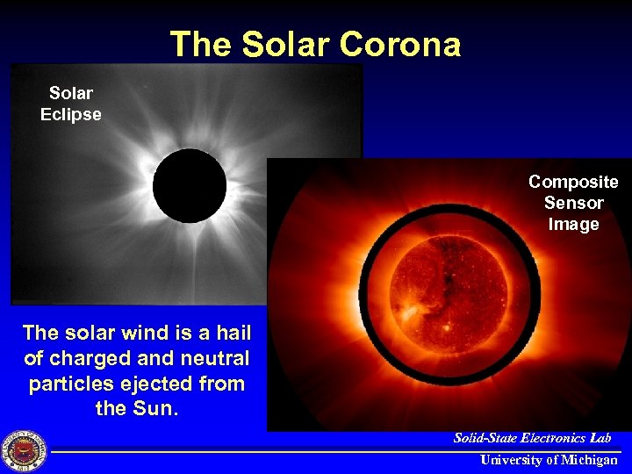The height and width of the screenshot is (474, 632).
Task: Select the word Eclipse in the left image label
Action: (71, 114)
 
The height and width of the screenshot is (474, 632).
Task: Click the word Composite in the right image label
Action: (573, 182)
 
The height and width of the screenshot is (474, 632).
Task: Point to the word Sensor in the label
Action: (573, 203)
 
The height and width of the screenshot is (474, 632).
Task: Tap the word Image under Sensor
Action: (573, 224)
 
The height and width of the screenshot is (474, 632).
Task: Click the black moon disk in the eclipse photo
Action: (190, 185)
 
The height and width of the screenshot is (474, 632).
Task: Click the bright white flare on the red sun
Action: (410, 312)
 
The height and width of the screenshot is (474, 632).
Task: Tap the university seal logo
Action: (24, 450)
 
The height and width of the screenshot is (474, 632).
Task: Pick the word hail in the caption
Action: (233, 333)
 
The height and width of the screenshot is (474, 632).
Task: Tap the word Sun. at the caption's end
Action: (158, 408)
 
